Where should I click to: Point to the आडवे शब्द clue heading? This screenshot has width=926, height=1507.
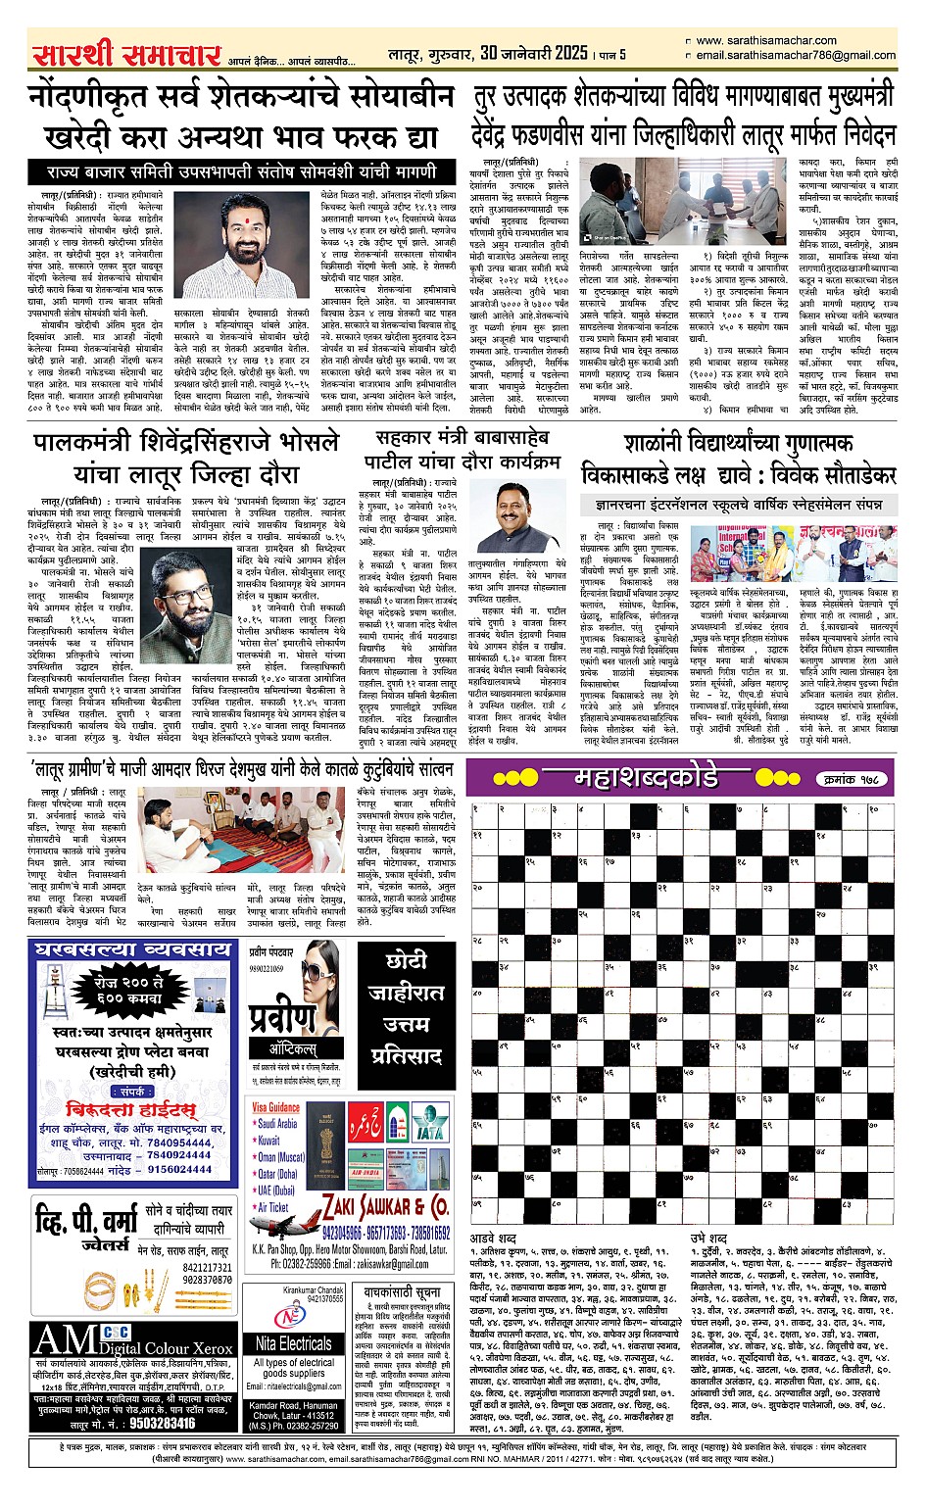click(x=495, y=1239)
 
